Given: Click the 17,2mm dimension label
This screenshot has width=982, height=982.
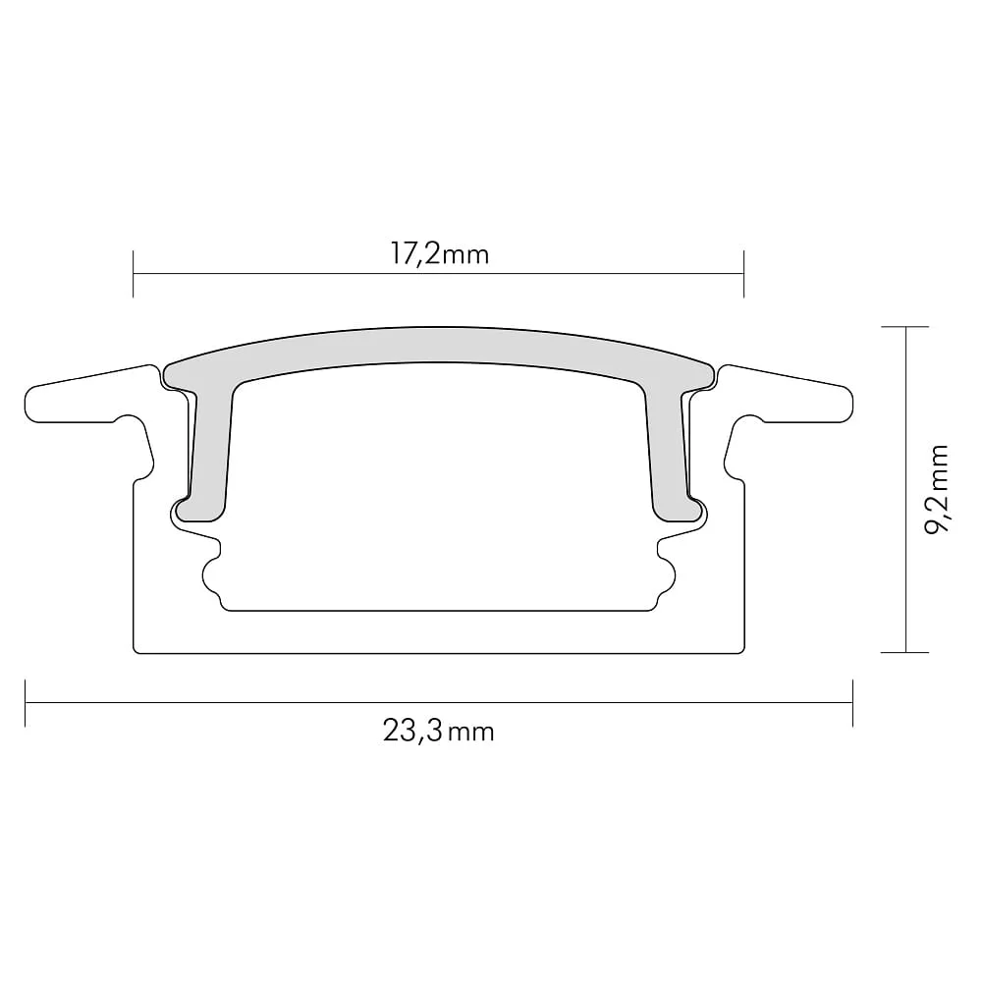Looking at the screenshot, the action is point(440,255).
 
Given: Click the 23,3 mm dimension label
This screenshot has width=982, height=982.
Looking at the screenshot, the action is point(439,731).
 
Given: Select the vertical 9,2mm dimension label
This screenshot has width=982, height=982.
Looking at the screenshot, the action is point(936,489).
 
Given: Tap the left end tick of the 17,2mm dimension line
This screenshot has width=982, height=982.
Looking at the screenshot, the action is point(134,274).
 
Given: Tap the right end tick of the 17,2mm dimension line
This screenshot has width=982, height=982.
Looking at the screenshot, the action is point(744,274).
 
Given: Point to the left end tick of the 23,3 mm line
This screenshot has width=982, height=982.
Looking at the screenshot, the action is point(26,703).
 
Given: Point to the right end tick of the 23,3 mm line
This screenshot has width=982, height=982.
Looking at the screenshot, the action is point(853,703).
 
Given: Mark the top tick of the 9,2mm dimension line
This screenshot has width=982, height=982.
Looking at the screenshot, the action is point(905,327).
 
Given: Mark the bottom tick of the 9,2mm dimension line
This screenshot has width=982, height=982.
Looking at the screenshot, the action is point(905,653).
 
